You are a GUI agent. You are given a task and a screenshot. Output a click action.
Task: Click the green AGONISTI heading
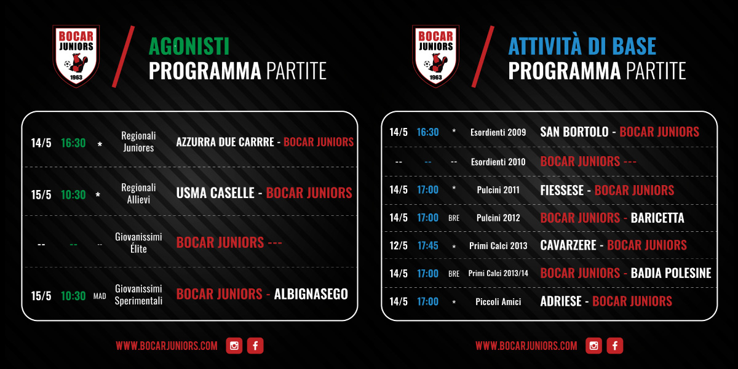(189, 46)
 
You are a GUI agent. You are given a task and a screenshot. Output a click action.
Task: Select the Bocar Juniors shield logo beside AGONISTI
(76, 56)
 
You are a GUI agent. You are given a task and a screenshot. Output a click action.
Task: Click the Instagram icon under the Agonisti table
(234, 346)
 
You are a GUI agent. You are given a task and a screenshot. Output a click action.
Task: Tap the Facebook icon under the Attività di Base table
(615, 346)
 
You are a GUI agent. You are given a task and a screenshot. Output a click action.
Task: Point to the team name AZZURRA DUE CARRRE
(225, 142)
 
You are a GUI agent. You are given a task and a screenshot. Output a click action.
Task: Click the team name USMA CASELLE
(215, 193)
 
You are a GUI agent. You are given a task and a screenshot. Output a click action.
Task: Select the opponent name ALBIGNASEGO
(311, 294)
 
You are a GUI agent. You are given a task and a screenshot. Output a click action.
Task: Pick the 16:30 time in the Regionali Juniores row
(73, 143)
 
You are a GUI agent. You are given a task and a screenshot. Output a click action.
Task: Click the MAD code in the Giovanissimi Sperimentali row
(100, 296)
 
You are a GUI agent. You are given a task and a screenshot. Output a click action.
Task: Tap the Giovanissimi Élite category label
(138, 243)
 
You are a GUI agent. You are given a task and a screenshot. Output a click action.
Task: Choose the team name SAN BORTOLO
(574, 132)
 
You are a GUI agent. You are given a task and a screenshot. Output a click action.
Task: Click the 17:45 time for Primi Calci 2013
(427, 246)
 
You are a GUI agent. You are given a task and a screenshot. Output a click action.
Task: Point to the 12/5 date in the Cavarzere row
(399, 246)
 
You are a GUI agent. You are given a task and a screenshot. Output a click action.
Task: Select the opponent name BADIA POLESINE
(671, 273)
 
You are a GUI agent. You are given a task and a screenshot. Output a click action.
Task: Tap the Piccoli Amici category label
(498, 302)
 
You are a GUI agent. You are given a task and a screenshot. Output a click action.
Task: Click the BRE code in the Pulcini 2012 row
(454, 218)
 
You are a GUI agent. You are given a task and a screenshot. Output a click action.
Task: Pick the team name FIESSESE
(561, 191)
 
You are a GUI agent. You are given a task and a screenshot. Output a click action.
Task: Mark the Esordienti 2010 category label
(498, 162)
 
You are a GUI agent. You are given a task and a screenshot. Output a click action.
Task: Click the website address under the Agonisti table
(167, 346)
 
